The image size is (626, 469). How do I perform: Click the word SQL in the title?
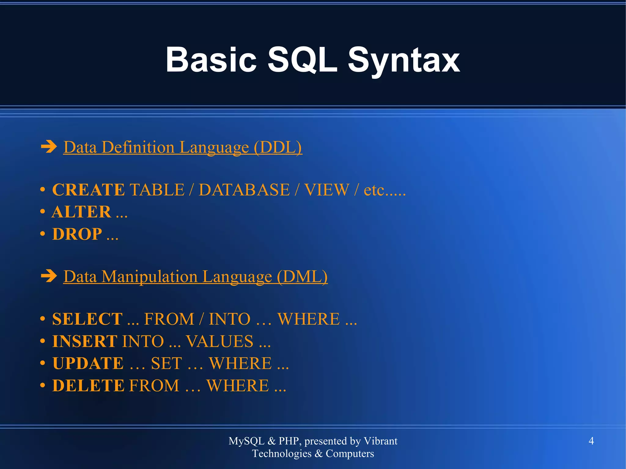point(302,60)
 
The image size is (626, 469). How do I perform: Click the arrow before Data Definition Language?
point(49,147)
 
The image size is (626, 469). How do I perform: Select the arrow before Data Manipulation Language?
point(49,276)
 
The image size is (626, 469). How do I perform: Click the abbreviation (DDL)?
point(278,148)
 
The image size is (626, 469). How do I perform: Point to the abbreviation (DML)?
point(302,277)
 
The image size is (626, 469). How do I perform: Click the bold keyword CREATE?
point(88,190)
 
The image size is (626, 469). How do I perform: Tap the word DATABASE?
point(244,190)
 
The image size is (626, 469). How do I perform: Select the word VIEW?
point(326,190)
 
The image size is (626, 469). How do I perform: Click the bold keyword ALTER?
point(81,212)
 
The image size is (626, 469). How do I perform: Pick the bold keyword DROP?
point(77,234)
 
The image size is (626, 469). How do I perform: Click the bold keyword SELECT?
point(87,319)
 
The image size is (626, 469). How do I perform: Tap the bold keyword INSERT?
point(84,341)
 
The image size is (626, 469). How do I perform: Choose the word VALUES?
point(219,341)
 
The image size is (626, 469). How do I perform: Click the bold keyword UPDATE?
point(88,363)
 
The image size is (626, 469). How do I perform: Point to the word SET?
point(167,363)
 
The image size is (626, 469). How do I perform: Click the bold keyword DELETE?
point(88,386)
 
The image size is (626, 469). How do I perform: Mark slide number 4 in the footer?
point(591,441)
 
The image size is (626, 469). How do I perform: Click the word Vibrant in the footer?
point(381,441)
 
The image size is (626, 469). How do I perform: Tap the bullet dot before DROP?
point(43,234)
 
